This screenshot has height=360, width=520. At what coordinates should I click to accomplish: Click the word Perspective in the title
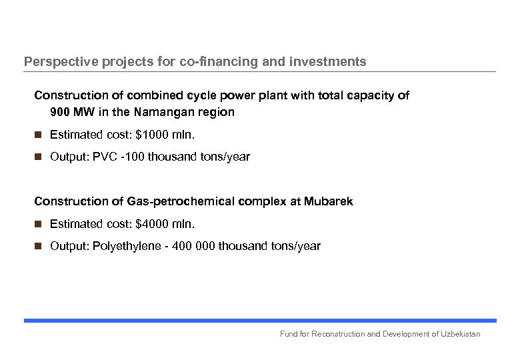click(x=57, y=62)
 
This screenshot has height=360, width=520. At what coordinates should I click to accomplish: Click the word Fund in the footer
click(x=289, y=333)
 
